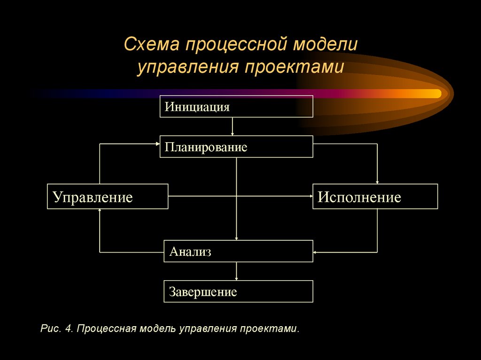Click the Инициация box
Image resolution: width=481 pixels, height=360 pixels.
(x=236, y=106)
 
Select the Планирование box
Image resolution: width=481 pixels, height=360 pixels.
(x=236, y=146)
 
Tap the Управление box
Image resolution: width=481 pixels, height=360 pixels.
(x=108, y=196)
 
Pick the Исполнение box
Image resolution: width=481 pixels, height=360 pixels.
(x=375, y=196)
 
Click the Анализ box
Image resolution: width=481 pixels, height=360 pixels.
(x=238, y=251)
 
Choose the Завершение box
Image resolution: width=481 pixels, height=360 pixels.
(x=238, y=291)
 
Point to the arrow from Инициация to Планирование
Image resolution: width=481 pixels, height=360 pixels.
(x=233, y=126)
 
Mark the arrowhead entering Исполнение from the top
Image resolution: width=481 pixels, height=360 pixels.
(x=377, y=182)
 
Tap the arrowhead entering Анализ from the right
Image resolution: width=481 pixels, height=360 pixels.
(x=316, y=253)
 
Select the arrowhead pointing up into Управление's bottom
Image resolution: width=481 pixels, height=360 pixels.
(x=100, y=211)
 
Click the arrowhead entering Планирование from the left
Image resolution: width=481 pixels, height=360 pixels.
(x=157, y=145)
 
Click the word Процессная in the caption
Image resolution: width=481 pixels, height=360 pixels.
(x=107, y=328)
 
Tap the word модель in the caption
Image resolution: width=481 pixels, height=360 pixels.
(x=158, y=328)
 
